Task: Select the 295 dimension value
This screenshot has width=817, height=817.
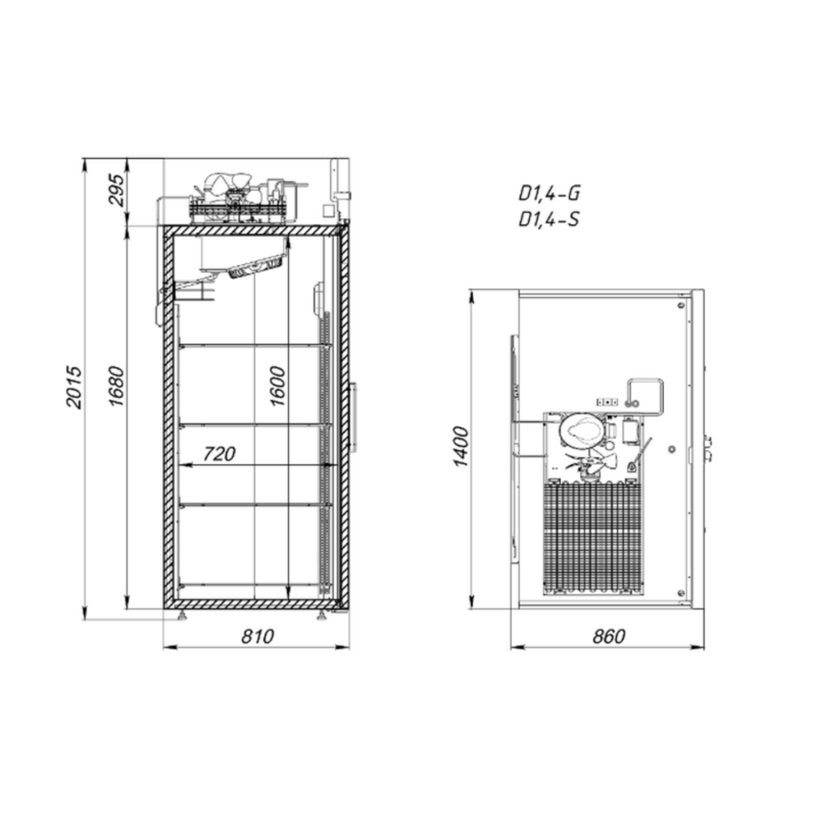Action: click(x=116, y=190)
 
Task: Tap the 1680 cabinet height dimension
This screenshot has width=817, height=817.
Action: click(x=116, y=386)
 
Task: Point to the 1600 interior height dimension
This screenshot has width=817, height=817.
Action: click(x=278, y=386)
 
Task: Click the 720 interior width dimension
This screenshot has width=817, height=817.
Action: click(x=219, y=454)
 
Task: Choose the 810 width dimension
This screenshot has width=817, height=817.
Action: click(x=258, y=636)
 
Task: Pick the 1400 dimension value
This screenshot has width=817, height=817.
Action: click(x=461, y=446)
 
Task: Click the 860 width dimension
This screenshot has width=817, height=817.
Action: click(x=609, y=636)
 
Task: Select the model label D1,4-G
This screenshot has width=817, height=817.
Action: click(x=549, y=193)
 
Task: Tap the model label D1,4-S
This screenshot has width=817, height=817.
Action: click(x=549, y=219)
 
